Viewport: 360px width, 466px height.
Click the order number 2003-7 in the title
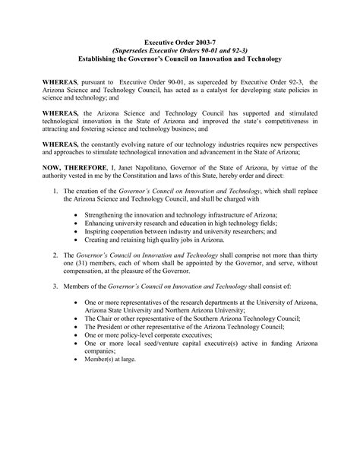click(205, 43)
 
